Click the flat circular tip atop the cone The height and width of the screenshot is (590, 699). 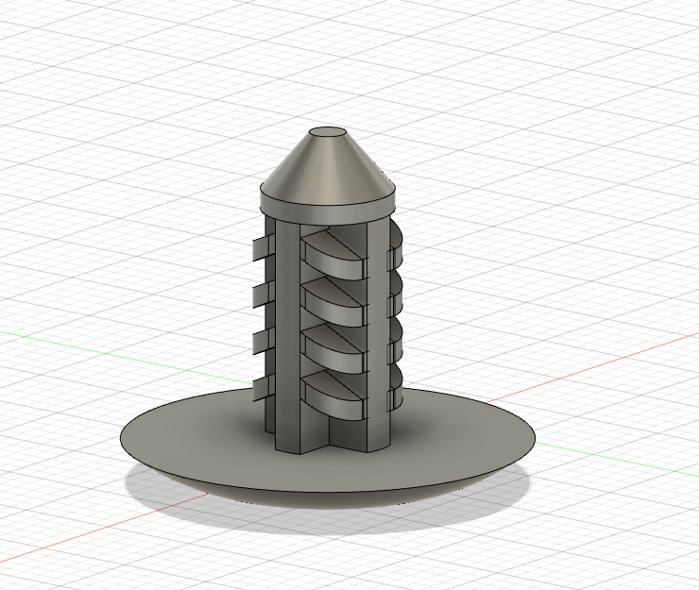328,133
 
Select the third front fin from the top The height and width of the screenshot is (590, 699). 332,346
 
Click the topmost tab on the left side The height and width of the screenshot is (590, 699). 259,247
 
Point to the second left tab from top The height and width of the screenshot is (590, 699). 259,294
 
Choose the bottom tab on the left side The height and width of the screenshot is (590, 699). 259,385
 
